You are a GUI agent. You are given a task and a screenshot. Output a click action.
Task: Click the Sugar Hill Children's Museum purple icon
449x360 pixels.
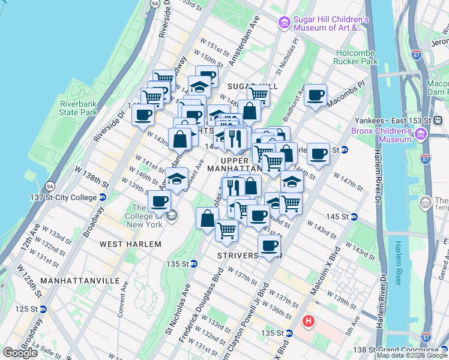284,23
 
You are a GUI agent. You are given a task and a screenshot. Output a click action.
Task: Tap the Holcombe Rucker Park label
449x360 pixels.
357,56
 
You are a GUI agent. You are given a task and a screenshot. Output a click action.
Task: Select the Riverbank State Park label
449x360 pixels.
78,107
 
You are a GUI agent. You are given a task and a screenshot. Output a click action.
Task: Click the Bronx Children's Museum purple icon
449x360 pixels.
420,133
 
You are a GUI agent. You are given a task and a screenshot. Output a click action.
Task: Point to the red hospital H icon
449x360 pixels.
309,322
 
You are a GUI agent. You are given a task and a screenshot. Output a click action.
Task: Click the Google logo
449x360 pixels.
20,353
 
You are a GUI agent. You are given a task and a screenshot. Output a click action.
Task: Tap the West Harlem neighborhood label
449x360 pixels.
130,244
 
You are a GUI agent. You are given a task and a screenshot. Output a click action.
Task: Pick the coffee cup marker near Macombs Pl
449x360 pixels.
315,95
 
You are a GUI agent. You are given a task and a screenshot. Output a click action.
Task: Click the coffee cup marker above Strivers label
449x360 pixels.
269,245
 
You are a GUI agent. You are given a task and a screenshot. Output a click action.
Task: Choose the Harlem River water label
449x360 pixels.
399,263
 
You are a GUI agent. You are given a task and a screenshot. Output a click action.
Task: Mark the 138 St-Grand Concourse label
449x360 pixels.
411,350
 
